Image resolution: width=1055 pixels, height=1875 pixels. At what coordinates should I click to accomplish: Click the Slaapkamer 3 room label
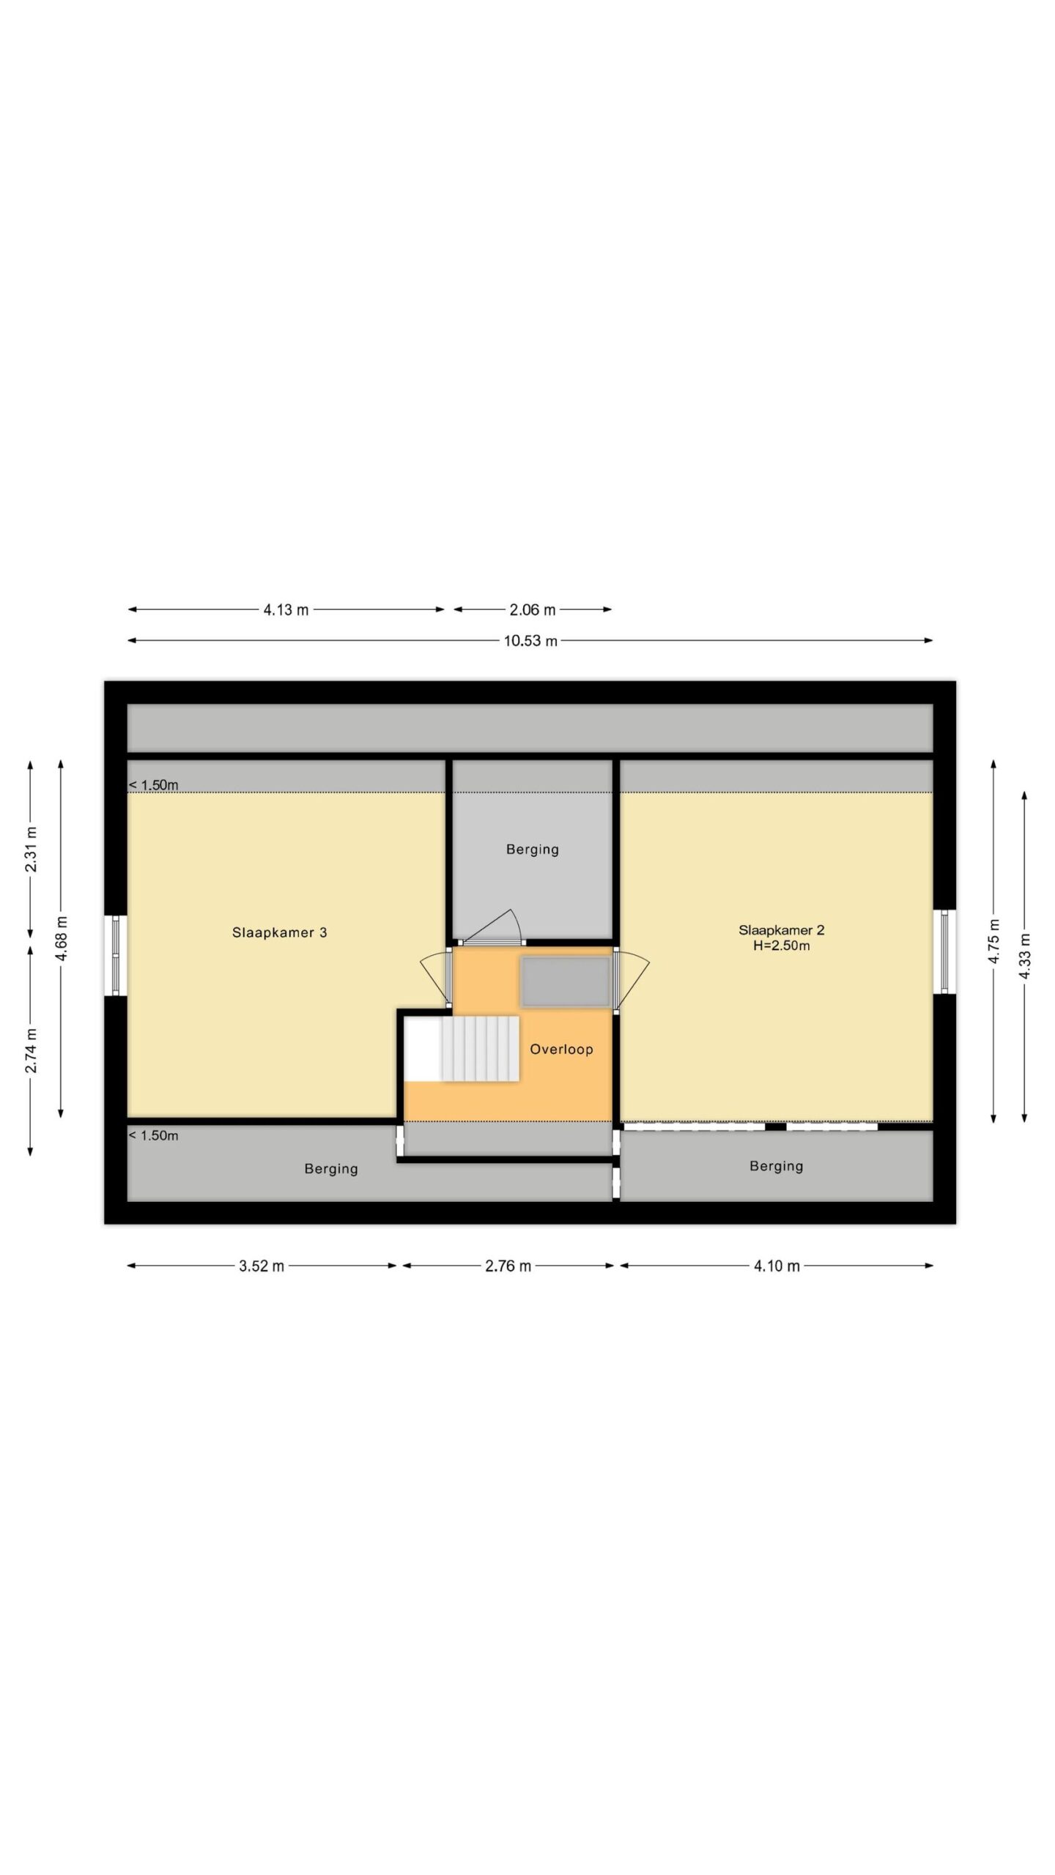pos(279,932)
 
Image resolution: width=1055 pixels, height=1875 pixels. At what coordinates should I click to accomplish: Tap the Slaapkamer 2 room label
pos(781,930)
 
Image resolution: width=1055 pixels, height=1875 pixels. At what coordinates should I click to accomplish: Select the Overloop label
pos(561,1049)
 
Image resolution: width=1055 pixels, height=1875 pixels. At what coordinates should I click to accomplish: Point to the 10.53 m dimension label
pos(530,641)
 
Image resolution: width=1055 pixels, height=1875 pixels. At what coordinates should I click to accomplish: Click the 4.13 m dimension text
pos(286,609)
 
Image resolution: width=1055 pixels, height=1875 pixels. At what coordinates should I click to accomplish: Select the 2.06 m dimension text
pos(533,609)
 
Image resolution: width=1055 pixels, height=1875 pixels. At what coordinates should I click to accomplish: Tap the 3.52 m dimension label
pos(262,1266)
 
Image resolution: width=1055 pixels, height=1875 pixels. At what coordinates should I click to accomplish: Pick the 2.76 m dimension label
pos(508,1266)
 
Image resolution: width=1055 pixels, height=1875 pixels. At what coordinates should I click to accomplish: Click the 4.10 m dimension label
pos(777,1266)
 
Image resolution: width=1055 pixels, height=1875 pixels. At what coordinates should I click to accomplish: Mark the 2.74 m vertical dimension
pos(31,1050)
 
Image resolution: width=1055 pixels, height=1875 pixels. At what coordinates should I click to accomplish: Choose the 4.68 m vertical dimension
pos(62,939)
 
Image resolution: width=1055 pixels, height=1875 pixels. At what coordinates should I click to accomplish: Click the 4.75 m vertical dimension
pos(994,940)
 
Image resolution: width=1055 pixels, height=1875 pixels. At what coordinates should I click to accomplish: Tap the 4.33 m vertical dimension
pos(1025,956)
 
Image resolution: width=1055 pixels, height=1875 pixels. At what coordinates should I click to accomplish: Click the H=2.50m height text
pos(781,946)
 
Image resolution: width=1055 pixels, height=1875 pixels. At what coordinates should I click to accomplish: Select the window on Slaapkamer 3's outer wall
pos(115,955)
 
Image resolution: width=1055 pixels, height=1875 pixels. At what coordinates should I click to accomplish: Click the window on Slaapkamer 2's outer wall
pos(944,951)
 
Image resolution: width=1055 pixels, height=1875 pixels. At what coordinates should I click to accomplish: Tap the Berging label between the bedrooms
pos(533,850)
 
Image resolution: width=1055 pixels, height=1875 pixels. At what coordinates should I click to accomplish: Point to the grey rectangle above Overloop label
pos(565,981)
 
